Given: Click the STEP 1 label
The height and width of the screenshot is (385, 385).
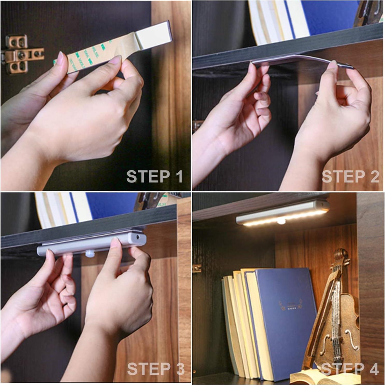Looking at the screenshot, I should tap(155, 177).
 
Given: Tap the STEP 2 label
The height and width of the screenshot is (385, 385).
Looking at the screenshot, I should tap(350, 177).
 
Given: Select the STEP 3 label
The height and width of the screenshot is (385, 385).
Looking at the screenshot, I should tap(156, 369).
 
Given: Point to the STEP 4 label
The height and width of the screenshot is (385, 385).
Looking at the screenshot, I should tap(350, 369).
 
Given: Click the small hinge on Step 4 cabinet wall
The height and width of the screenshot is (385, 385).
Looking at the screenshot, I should tap(197, 268).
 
